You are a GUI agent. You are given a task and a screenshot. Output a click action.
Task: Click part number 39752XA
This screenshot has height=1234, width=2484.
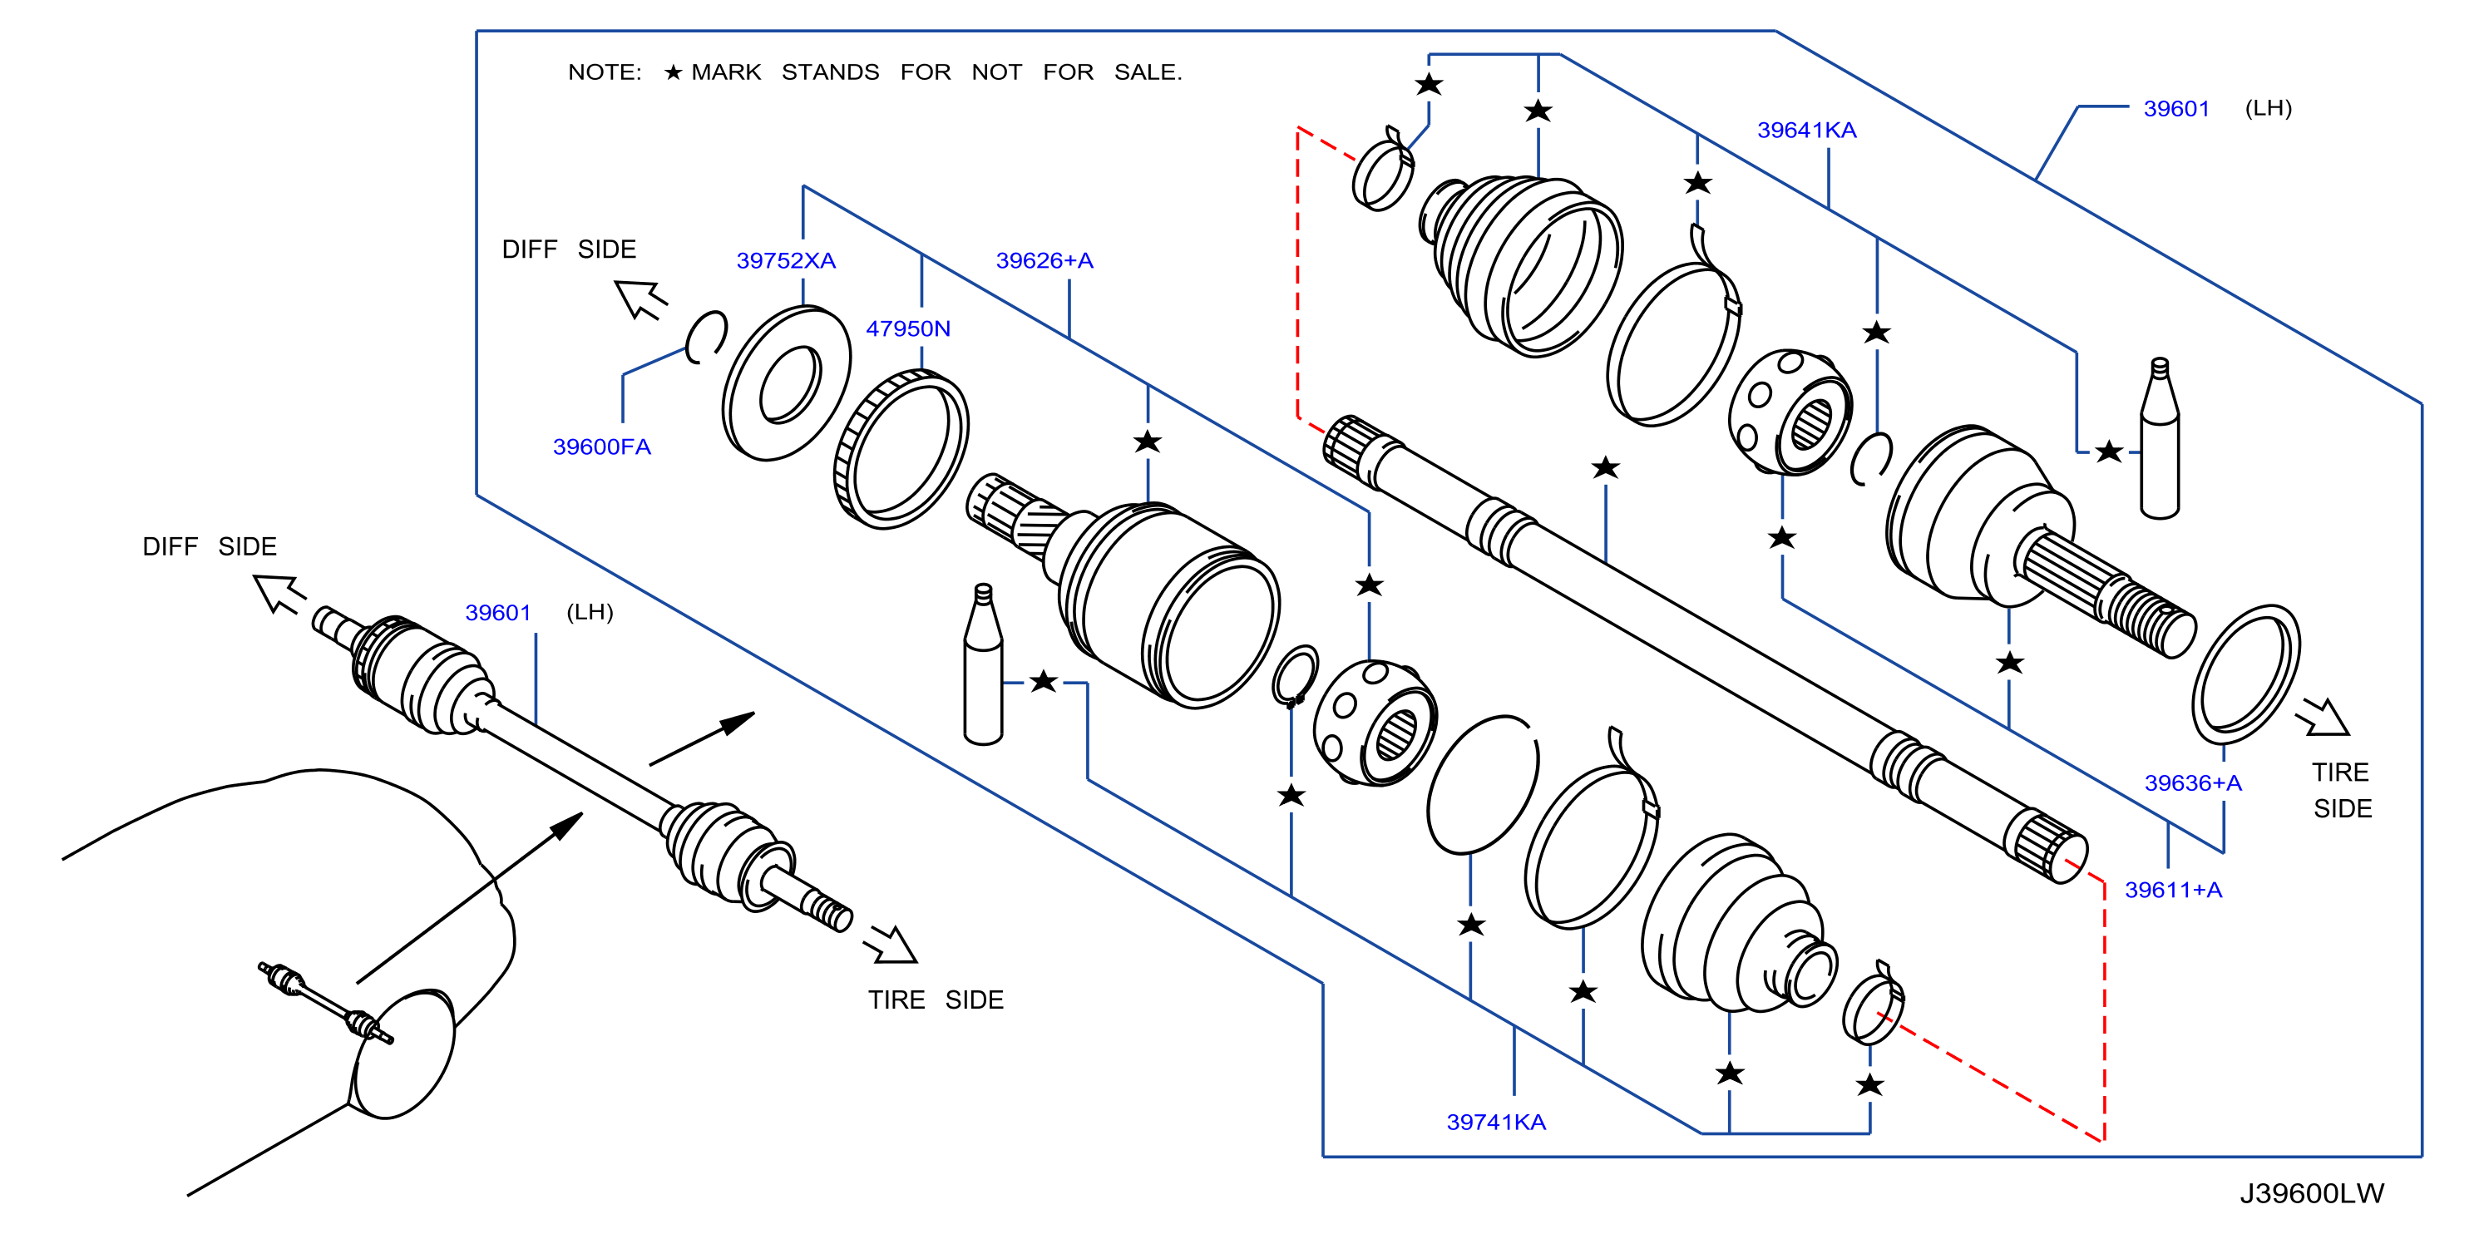(x=786, y=260)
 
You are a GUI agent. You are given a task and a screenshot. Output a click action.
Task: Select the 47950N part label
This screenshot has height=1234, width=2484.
(x=907, y=328)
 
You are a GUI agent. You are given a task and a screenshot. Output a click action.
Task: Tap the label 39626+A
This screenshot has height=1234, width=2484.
(x=1044, y=260)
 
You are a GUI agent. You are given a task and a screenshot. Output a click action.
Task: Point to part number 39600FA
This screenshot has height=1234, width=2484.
(x=602, y=447)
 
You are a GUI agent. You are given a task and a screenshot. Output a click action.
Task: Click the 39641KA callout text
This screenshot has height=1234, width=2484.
(x=1806, y=131)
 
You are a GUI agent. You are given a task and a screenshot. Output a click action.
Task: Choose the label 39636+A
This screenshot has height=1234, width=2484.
(x=2193, y=782)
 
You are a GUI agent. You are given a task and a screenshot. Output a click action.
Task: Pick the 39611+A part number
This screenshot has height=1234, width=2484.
(x=2174, y=890)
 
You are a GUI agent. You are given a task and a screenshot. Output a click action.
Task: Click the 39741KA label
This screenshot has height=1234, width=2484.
(x=1495, y=1123)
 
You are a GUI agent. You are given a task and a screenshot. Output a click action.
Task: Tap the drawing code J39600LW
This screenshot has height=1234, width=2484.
(x=2311, y=1193)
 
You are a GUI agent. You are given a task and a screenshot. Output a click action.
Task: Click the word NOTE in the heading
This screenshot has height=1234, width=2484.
(x=604, y=72)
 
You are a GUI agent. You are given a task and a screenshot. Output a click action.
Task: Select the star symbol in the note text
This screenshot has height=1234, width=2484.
(x=673, y=72)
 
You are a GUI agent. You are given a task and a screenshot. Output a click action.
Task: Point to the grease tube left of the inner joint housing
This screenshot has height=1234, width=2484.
(x=983, y=664)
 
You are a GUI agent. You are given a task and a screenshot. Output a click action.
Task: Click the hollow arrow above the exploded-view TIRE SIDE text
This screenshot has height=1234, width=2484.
(x=2321, y=718)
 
